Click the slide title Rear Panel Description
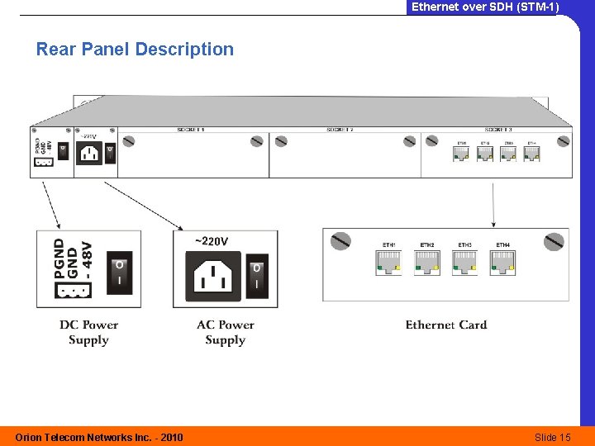(x=135, y=50)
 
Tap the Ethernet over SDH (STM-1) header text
(x=485, y=7)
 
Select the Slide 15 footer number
(x=552, y=437)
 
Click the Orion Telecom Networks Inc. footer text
(x=99, y=437)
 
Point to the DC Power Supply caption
(x=88, y=332)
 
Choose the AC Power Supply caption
(x=225, y=332)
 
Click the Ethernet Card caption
(x=446, y=325)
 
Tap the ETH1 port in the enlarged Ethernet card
(x=389, y=263)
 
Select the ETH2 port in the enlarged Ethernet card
(x=427, y=263)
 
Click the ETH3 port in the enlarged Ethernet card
(x=465, y=263)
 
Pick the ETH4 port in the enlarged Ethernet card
(x=503, y=263)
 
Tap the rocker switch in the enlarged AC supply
(x=257, y=275)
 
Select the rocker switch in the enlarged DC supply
(x=120, y=272)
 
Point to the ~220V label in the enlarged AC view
(x=212, y=241)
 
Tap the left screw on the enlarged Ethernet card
(x=340, y=241)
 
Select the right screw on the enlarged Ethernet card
(x=554, y=241)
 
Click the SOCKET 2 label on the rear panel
(x=340, y=130)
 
